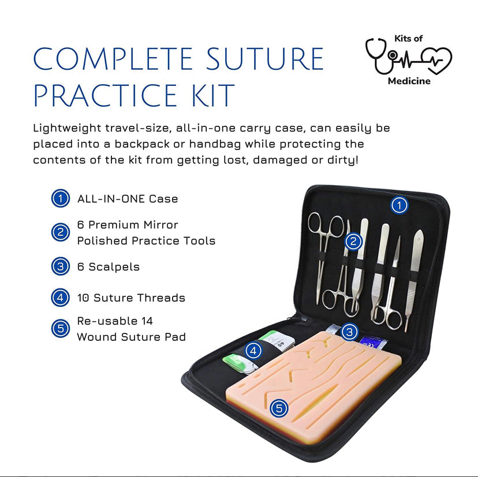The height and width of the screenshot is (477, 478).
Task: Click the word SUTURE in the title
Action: coord(264,58)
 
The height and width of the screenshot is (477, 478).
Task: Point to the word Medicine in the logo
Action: coord(409,81)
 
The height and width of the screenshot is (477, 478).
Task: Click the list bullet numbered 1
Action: coord(61,198)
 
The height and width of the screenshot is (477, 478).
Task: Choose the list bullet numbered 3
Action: coord(61,266)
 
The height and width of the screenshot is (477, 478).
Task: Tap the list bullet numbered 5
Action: coord(61,328)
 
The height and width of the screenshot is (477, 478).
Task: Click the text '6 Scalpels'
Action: coord(108,266)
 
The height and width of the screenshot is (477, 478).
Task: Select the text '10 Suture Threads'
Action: coord(131,298)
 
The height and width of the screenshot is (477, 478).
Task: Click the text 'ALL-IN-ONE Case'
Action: coord(128,198)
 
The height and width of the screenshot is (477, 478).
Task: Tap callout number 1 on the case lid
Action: coord(399,205)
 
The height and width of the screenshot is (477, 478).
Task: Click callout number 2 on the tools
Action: coord(353,242)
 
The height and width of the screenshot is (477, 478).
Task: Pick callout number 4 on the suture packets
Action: coord(253,351)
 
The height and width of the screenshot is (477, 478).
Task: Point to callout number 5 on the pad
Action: coord(279,408)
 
